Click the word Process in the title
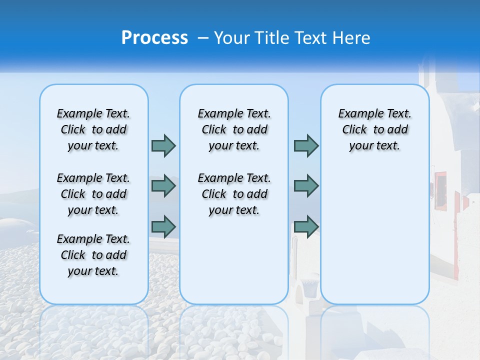[154, 37]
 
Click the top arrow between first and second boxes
[163, 145]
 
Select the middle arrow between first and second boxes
[163, 186]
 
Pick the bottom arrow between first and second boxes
[163, 226]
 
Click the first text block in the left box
[93, 129]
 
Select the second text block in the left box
[93, 194]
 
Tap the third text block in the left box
[93, 255]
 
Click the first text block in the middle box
[234, 129]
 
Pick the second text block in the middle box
[234, 194]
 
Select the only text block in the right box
[374, 129]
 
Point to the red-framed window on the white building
[440, 190]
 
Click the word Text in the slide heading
[311, 37]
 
